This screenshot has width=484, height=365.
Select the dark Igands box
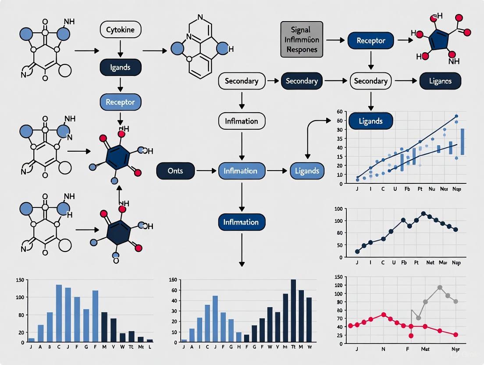tap(121, 68)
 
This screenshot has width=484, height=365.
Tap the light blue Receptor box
tap(121, 102)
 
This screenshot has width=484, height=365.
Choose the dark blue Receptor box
tap(370, 40)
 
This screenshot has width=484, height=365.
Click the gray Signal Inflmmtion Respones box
tap(301, 40)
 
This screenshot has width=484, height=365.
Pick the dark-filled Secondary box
tap(301, 81)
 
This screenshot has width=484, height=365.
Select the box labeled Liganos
tap(441, 81)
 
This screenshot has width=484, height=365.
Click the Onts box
tap(175, 171)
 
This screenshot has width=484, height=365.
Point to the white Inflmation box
tap(242, 121)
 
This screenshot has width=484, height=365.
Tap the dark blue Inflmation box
tap(241, 222)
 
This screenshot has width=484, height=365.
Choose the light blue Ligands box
tap(307, 171)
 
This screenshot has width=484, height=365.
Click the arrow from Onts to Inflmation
tap(206, 171)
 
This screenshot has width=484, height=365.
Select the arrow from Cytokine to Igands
tap(121, 49)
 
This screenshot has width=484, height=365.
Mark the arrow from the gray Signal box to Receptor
tap(335, 40)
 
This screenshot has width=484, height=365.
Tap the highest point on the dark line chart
tap(423, 214)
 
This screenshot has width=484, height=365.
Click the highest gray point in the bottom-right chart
tap(440, 288)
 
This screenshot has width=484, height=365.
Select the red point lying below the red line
tap(411, 336)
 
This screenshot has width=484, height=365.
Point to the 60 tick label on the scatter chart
tap(339, 112)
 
